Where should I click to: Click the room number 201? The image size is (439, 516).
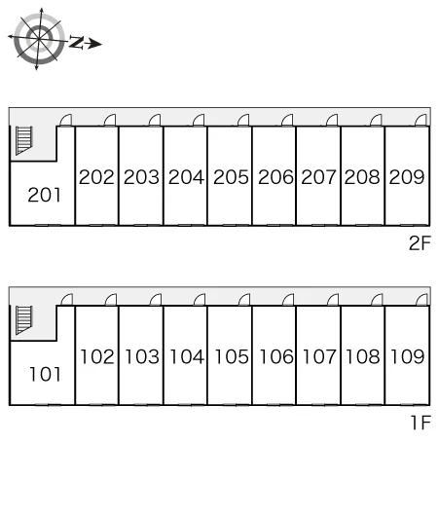point(45,195)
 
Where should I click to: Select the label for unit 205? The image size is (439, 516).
point(231,177)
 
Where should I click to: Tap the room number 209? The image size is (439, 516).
point(407,177)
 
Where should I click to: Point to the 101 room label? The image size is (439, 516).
point(45,374)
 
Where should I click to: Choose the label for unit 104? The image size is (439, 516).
point(187,356)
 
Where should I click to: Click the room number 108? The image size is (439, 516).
point(363,356)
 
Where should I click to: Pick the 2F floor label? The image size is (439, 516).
point(420,243)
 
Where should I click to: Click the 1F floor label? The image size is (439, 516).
point(421,423)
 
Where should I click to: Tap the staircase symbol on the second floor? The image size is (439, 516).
point(24,140)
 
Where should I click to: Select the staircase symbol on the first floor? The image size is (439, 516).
point(24,320)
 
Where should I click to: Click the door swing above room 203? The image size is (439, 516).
point(155,120)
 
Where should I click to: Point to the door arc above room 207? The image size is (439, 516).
point(332,120)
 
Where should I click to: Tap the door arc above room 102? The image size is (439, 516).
point(111,300)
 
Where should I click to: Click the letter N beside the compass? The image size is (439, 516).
point(76,43)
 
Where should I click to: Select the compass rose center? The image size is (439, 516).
point(39,39)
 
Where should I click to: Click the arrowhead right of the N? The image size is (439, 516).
point(94,44)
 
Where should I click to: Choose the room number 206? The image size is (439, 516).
point(275,177)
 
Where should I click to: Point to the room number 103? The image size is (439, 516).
point(142,356)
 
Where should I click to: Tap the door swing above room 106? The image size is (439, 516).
point(288,300)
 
